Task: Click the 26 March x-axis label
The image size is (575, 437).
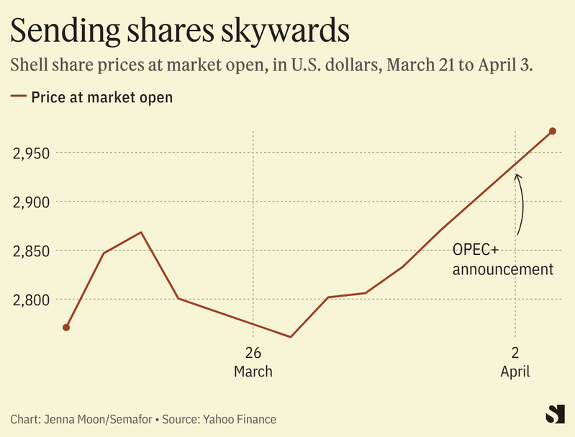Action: pos(253,362)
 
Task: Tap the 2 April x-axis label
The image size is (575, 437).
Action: pos(515,362)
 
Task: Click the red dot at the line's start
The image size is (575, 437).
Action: pos(66,328)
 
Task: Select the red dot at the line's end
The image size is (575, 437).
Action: pos(553,131)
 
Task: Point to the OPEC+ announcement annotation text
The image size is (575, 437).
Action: pos(502,260)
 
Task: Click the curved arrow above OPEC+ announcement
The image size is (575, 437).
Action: pos(520,204)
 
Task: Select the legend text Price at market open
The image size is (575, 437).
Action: pos(101,96)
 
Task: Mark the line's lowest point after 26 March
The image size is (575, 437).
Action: pos(290,337)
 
